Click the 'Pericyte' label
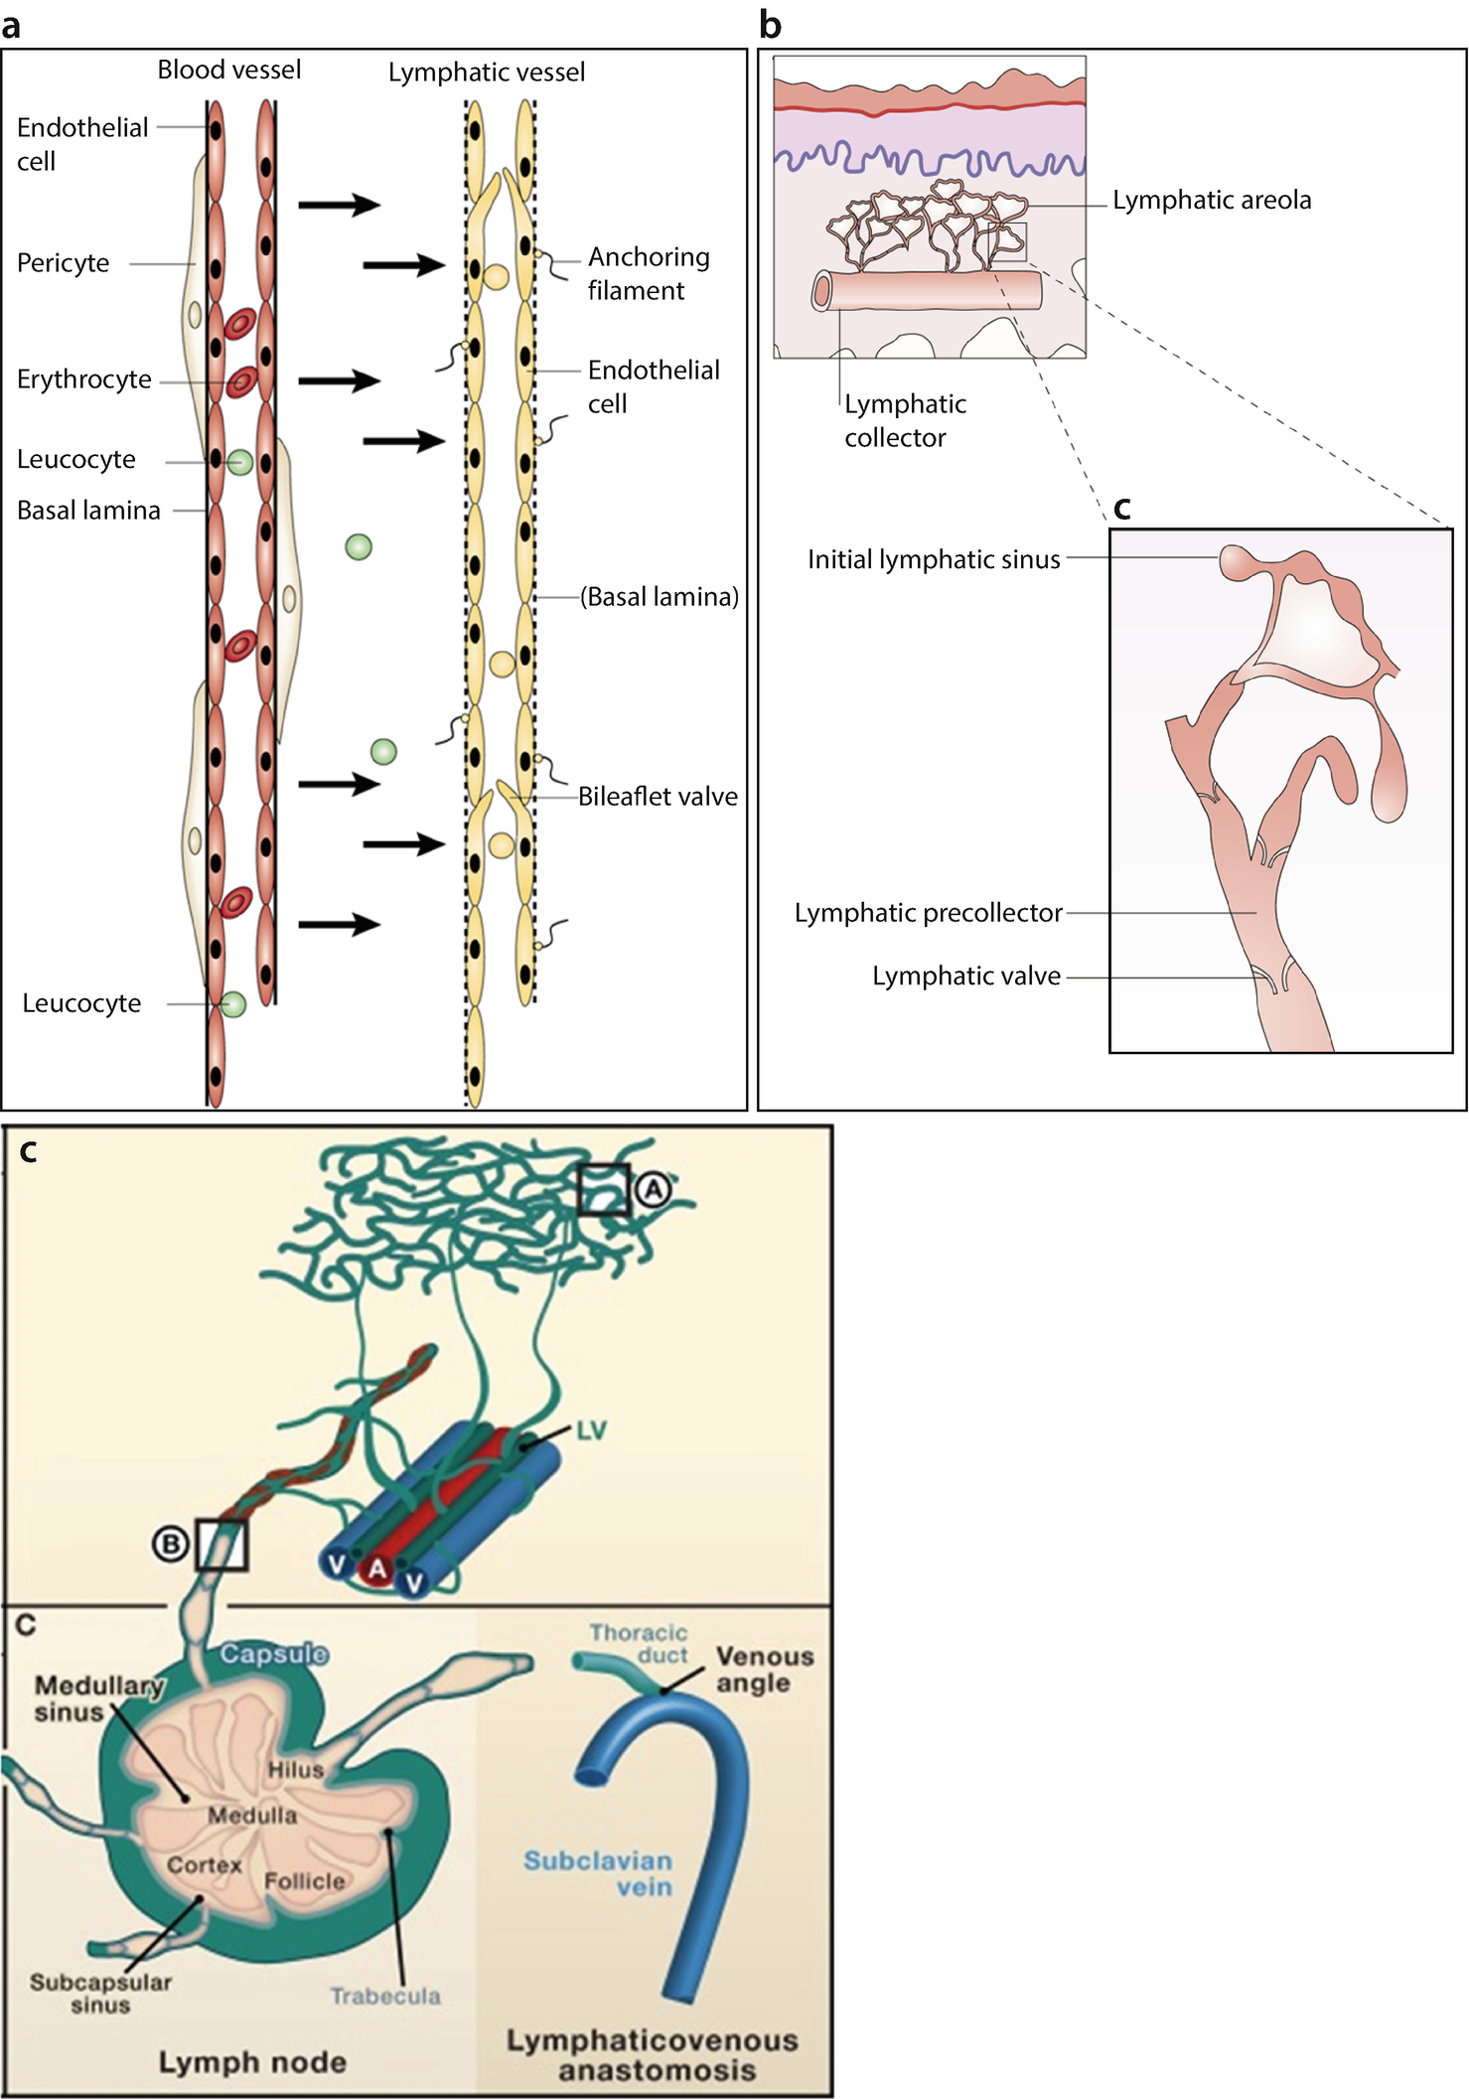click(x=64, y=263)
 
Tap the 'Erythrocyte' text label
click(x=84, y=379)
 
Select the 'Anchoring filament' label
click(x=648, y=274)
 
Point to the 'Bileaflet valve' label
click(x=658, y=797)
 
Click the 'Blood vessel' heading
click(x=228, y=71)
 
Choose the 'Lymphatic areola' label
click(x=1211, y=201)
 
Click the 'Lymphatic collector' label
click(x=904, y=421)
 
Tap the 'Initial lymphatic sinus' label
click(x=934, y=560)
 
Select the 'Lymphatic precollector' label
click(x=928, y=913)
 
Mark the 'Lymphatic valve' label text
click(x=965, y=976)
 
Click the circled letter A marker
click(x=653, y=1189)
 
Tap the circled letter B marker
click(x=171, y=1545)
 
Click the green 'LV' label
click(x=591, y=1430)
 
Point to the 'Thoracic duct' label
click(x=640, y=1644)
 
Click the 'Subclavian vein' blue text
click(x=598, y=1874)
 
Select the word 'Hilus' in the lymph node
click(x=295, y=1769)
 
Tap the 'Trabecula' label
click(x=385, y=1996)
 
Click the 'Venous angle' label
click(x=764, y=1669)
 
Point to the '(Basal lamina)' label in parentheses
click(x=660, y=597)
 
